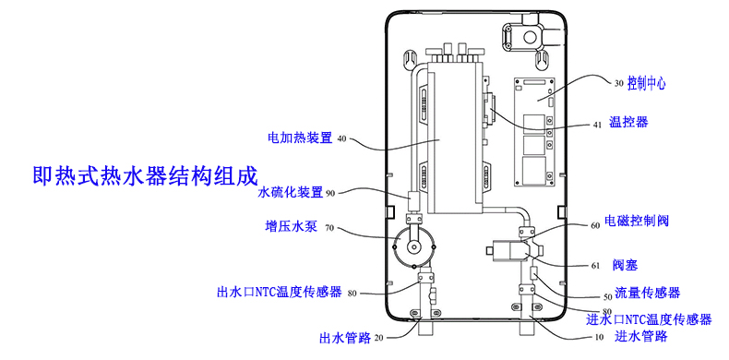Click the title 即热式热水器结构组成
pyautogui.click(x=143, y=174)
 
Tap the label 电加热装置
pyautogui.click(x=299, y=138)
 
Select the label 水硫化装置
pyautogui.click(x=291, y=192)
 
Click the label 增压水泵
pyautogui.click(x=291, y=227)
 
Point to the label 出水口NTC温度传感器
pyautogui.click(x=279, y=294)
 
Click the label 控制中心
pyautogui.click(x=646, y=82)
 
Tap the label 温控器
pyautogui.click(x=628, y=122)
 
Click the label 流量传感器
pyautogui.click(x=648, y=293)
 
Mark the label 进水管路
pyautogui.click(x=641, y=336)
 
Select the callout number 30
pyautogui.click(x=618, y=83)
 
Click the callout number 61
pyautogui.click(x=595, y=266)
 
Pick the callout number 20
pyautogui.click(x=378, y=338)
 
